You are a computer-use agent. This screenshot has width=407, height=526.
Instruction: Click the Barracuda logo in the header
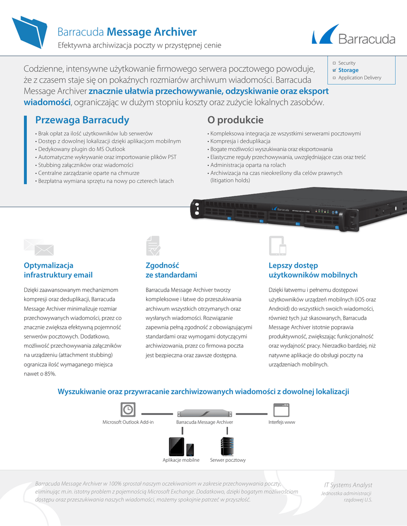coord(353,35)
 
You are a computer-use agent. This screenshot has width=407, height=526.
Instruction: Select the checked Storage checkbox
coord(334,70)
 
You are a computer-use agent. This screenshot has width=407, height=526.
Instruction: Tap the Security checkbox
coord(334,63)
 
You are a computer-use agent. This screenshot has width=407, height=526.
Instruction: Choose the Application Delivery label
coord(360,78)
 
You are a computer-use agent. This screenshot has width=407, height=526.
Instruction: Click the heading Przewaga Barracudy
coord(82,120)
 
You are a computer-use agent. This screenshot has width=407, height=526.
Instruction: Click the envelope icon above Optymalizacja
coord(39,247)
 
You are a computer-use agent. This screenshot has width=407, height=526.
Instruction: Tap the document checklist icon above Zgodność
coord(153,246)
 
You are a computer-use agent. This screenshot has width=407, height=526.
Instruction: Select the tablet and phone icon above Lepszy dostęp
coord(277,246)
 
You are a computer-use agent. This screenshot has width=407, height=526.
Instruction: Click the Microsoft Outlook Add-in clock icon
coord(128,409)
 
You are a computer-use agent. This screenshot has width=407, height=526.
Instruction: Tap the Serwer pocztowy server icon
coord(227,446)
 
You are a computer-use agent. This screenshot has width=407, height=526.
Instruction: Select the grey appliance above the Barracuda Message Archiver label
coord(204,414)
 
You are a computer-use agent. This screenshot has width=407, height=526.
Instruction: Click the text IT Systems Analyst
coord(348,485)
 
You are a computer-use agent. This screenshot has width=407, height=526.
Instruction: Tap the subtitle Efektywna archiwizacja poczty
coord(139,46)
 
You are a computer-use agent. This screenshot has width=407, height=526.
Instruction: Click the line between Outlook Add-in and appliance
coord(156,413)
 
